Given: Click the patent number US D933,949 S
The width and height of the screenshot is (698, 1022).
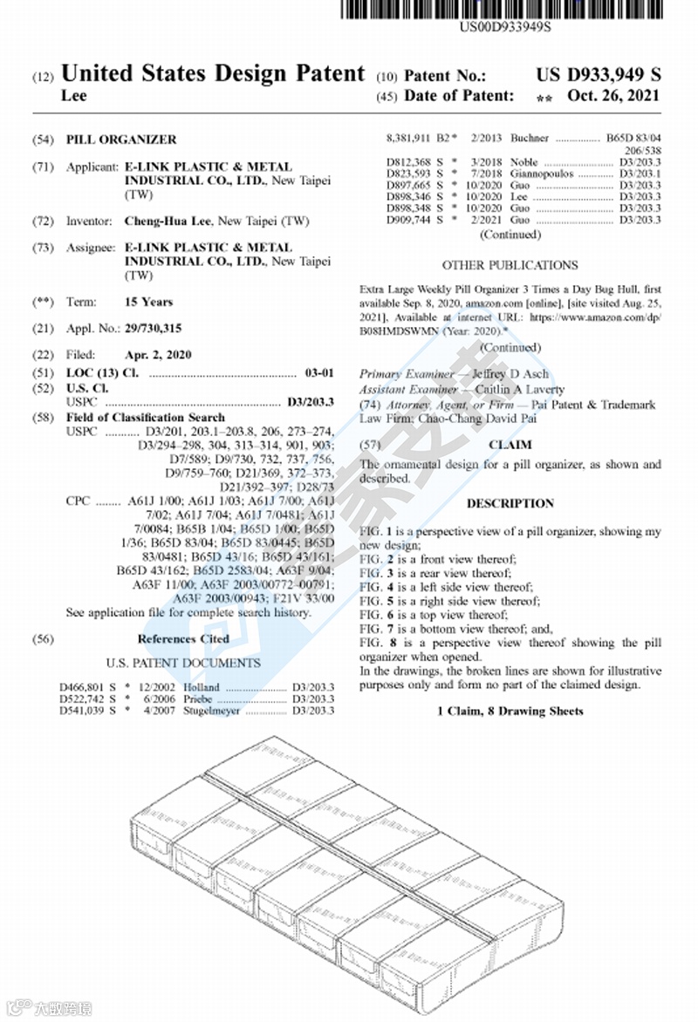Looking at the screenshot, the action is pos(598,74).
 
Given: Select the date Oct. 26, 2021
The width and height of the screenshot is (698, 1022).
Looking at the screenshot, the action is pos(613,96).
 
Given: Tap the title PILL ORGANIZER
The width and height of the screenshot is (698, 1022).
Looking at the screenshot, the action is pos(121,140).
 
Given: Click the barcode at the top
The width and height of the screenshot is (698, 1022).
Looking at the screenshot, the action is pos(506,9).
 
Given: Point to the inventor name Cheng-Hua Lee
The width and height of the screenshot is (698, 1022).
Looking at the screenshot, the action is pos(168,221).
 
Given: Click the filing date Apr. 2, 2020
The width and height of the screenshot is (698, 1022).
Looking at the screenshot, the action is pos(157,356).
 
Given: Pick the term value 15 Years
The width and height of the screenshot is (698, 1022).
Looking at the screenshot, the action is pos(148,302).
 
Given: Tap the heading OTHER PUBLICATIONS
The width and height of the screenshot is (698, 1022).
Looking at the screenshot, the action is pos(510,265).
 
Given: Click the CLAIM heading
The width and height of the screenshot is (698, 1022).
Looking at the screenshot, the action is pos(510,445).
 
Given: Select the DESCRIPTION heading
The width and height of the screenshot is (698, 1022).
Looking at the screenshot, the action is pos(510,503).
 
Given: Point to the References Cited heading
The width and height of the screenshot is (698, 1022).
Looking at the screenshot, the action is pos(183,638).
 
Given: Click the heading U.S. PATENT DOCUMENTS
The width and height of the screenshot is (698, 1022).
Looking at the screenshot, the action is pos(183,663).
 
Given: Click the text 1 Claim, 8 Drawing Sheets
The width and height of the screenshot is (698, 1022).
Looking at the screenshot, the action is pos(510,712).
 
